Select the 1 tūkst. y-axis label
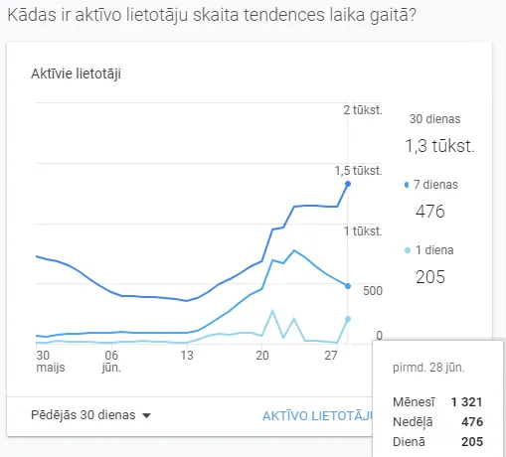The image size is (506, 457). point(363,230)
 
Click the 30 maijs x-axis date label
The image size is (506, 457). point(43,361)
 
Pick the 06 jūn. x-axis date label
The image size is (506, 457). point(111,361)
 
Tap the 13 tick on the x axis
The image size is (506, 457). point(186,355)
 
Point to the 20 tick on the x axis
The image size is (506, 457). point(261,355)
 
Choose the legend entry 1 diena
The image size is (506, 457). point(433,250)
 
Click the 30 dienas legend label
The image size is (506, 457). point(434,118)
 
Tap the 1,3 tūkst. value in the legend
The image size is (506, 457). point(438,146)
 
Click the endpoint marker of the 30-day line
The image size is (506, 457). point(347,184)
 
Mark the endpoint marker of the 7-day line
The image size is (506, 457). point(347,286)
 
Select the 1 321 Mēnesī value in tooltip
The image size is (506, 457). point(465,401)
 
